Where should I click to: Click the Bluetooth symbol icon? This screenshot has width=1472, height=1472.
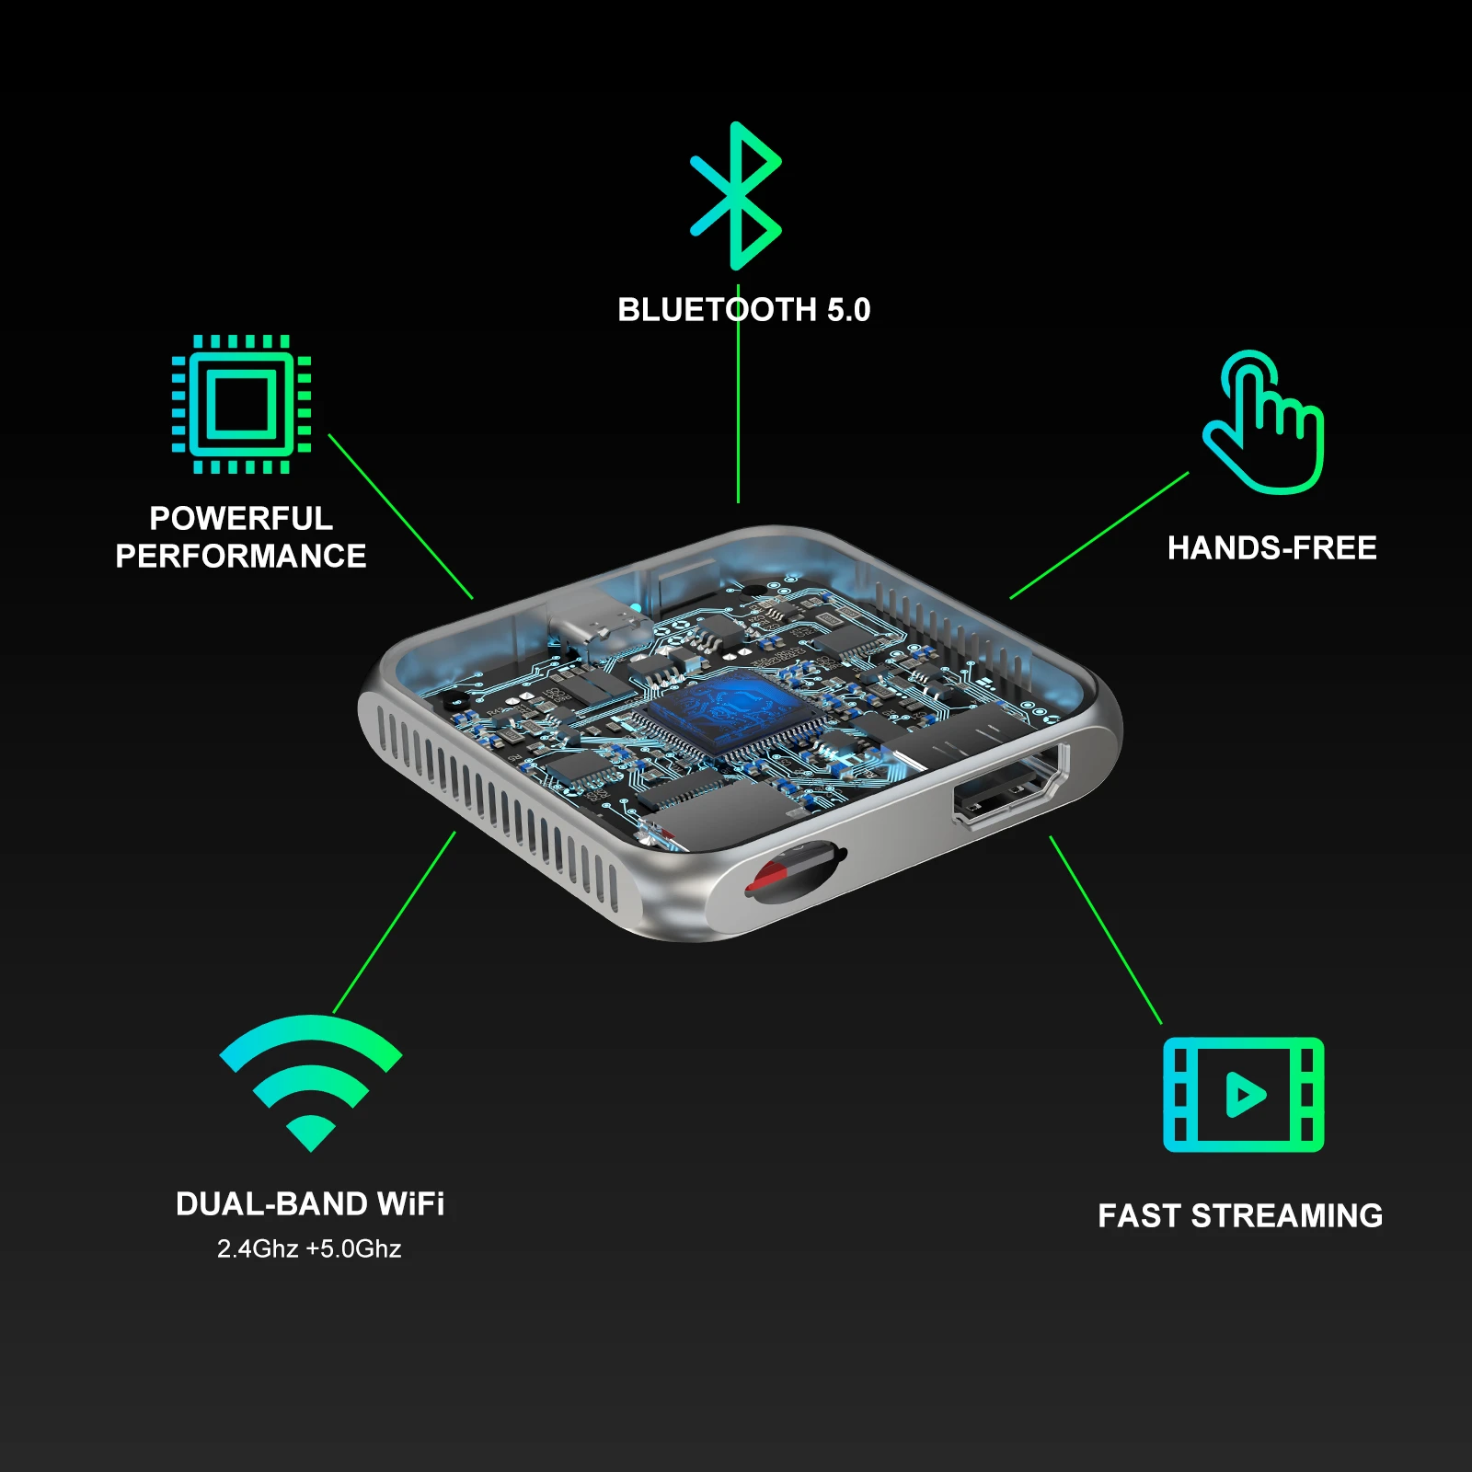(x=736, y=196)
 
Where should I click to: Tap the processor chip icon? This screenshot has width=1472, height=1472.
(x=241, y=404)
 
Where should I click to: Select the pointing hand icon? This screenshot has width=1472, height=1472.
(x=1264, y=422)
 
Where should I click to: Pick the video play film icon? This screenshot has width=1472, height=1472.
(x=1243, y=1095)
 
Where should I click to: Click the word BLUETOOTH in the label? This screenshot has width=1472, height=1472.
(x=717, y=310)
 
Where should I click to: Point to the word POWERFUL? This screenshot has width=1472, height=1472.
(x=241, y=519)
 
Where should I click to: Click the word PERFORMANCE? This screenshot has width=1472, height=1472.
(x=241, y=557)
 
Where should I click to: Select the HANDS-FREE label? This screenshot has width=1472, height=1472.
(x=1272, y=548)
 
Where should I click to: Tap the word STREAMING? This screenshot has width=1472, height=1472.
(x=1287, y=1216)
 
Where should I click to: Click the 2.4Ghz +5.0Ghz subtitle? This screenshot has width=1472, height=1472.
(x=309, y=1248)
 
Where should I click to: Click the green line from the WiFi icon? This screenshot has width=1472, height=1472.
(x=394, y=923)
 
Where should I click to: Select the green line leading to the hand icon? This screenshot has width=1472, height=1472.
(x=1099, y=535)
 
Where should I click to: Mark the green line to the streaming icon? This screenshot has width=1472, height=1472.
(x=1106, y=930)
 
